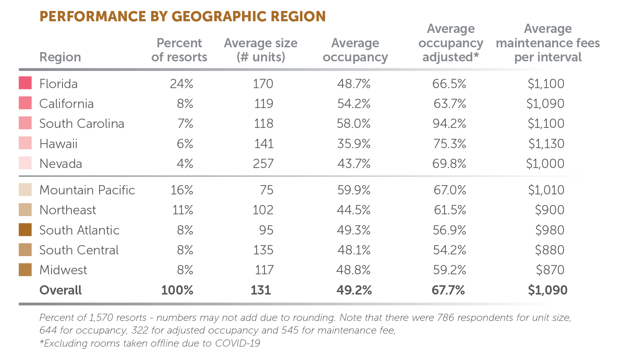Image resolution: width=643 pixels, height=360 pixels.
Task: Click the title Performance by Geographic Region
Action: pyautogui.click(x=182, y=16)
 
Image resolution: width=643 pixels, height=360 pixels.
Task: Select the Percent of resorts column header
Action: pyautogui.click(x=179, y=50)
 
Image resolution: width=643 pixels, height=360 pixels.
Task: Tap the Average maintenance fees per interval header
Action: pyautogui.click(x=548, y=43)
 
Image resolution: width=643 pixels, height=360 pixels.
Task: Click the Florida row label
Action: pyautogui.click(x=58, y=84)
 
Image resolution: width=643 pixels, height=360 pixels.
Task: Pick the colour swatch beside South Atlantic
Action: pyautogui.click(x=25, y=230)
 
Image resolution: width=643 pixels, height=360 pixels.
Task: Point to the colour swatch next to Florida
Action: pyautogui.click(x=25, y=83)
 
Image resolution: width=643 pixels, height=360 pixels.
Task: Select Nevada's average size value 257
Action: pyautogui.click(x=263, y=164)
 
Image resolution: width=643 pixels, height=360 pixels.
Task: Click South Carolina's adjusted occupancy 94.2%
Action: pyautogui.click(x=449, y=123)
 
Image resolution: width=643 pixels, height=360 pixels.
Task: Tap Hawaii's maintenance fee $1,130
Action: pyautogui.click(x=546, y=144)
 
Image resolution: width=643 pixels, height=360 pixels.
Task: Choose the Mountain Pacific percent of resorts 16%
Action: pyautogui.click(x=182, y=190)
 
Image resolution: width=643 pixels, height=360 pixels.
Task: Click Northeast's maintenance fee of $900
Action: pyautogui.click(x=549, y=210)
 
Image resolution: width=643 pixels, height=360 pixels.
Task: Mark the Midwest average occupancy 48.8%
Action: pyautogui.click(x=353, y=270)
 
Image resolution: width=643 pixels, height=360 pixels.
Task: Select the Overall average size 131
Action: pyautogui.click(x=261, y=290)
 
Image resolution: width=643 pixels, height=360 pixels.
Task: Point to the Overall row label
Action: pyautogui.click(x=60, y=290)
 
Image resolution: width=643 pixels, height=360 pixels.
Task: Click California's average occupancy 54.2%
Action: pyautogui.click(x=354, y=104)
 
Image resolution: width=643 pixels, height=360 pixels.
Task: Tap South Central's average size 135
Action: pyautogui.click(x=263, y=250)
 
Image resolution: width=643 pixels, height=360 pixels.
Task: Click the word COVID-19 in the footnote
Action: pyautogui.click(x=237, y=343)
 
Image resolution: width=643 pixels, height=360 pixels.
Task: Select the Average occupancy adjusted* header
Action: pyautogui.click(x=450, y=43)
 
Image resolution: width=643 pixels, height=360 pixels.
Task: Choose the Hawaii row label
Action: pyautogui.click(x=58, y=144)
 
